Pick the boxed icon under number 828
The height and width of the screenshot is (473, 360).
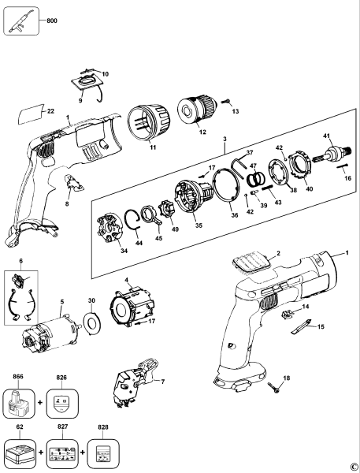tap(101, 455)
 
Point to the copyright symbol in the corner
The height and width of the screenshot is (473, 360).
tap(354, 467)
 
